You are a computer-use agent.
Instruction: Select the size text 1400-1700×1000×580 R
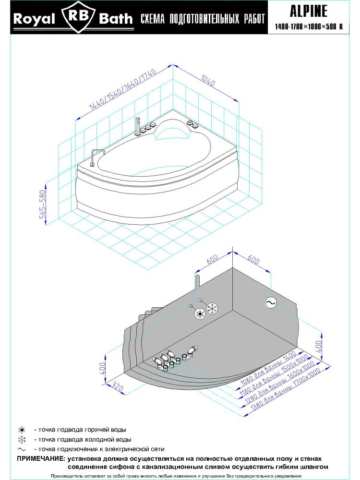308,27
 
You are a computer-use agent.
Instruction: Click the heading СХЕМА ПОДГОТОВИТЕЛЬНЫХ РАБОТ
202,20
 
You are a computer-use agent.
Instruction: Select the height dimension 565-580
43,204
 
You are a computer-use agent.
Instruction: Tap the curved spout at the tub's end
96,156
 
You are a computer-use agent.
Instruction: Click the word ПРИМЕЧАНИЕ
41,459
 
